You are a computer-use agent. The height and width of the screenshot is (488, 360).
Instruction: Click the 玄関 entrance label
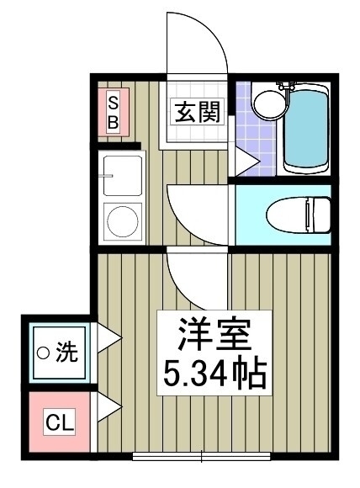[x=197, y=111]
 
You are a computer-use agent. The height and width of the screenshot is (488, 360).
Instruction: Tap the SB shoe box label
[x=114, y=112]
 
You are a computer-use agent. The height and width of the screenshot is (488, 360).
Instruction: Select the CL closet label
[x=60, y=422]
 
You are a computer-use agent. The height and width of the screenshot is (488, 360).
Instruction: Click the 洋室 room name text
[x=214, y=334]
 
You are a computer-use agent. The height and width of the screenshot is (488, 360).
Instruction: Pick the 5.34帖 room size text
[x=214, y=374]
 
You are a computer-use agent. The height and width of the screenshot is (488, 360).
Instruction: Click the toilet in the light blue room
[x=299, y=215]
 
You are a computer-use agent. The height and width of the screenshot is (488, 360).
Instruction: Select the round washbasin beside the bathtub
[x=270, y=104]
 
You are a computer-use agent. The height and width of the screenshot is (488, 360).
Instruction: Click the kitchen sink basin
[x=123, y=176]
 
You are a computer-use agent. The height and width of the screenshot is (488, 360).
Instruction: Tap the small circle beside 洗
[x=43, y=353]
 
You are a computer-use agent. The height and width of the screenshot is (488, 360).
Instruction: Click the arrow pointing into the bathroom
[x=247, y=162]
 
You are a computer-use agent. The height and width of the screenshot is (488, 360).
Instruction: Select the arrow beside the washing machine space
[x=109, y=338]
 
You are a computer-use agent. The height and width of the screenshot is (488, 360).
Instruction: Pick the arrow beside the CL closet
[x=109, y=407]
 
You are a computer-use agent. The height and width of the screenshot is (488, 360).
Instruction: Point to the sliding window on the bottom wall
[x=201, y=456]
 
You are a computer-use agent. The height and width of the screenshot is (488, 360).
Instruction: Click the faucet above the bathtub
[x=286, y=86]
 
